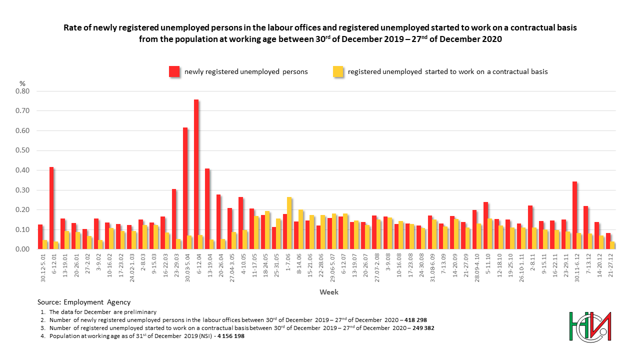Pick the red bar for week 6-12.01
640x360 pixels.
point(51,208)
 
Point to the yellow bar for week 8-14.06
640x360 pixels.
point(300,229)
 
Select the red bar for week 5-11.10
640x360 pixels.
point(485,225)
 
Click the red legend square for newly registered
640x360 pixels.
point(174,71)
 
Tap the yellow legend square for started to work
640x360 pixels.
point(338,71)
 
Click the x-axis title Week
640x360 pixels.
point(329,292)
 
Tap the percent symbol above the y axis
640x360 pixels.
point(22,83)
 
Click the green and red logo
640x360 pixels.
point(590,327)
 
